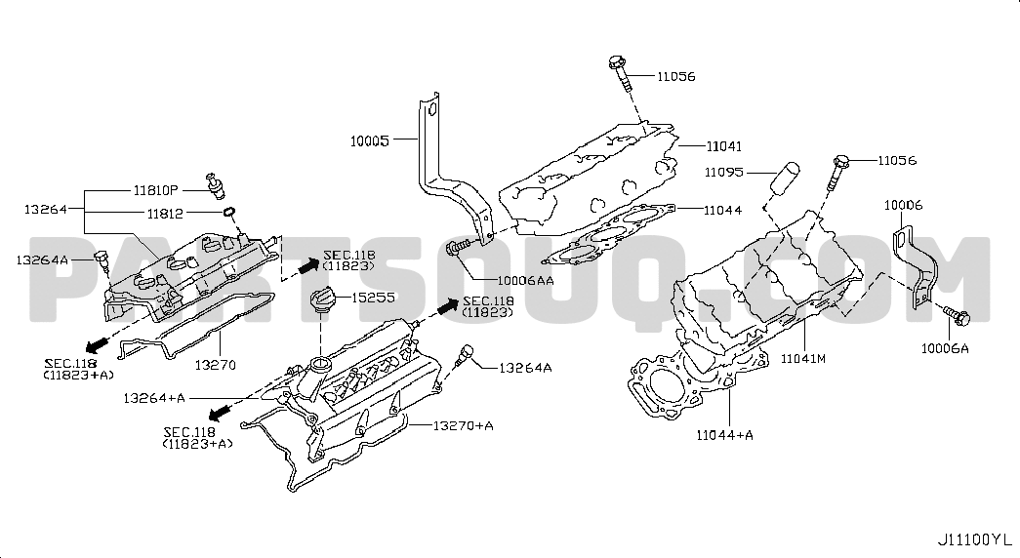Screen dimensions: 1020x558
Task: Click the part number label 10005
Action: [370, 140]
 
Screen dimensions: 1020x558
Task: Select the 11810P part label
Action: [155, 190]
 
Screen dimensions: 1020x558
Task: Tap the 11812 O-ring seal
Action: [228, 212]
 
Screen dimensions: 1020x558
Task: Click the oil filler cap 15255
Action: [321, 302]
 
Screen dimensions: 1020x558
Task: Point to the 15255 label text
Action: [373, 298]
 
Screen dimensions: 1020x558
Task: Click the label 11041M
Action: [802, 358]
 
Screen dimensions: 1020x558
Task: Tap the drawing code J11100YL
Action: [974, 539]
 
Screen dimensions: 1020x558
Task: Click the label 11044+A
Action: [724, 434]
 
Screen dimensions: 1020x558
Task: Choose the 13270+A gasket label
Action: [463, 426]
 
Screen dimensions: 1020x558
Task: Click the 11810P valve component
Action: [215, 186]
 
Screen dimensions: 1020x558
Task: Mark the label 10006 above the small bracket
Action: [903, 206]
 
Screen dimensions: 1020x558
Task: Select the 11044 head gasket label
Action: [722, 210]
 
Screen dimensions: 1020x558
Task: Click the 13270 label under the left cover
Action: [215, 365]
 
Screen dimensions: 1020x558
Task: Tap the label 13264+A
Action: [154, 397]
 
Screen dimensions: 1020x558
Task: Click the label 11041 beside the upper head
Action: [723, 146]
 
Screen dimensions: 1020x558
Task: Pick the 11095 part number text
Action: [724, 173]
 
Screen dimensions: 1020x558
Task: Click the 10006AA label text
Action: [525, 280]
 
